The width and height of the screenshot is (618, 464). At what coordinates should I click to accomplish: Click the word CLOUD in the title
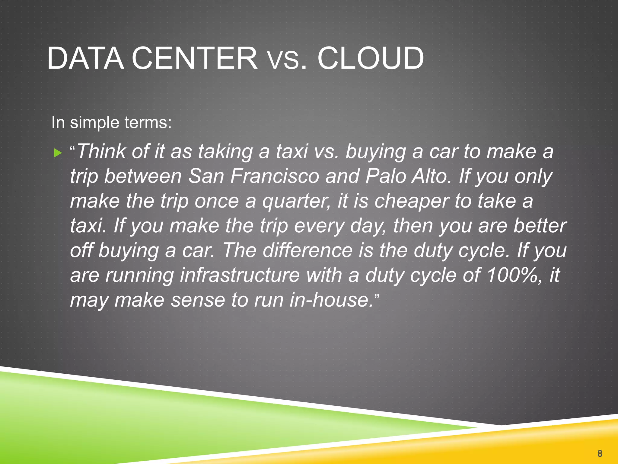pyautogui.click(x=371, y=58)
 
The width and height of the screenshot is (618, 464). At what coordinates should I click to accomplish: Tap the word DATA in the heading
pyautogui.click(x=85, y=58)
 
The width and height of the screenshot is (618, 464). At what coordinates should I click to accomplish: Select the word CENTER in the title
pyautogui.click(x=195, y=58)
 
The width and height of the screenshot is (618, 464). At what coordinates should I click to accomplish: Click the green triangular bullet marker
pyautogui.click(x=58, y=153)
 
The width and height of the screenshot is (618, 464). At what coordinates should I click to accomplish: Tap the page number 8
pyautogui.click(x=600, y=453)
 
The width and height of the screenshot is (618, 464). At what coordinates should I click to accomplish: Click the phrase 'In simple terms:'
pyautogui.click(x=111, y=123)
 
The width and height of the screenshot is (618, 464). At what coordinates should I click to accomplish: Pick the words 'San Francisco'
pyautogui.click(x=253, y=176)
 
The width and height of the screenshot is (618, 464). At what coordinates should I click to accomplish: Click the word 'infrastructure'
pyautogui.click(x=240, y=275)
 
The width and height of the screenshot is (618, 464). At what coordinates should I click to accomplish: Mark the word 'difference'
pyautogui.click(x=307, y=250)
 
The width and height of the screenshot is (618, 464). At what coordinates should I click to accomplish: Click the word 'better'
pyautogui.click(x=540, y=226)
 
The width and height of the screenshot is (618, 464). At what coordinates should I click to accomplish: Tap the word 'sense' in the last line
pyautogui.click(x=198, y=300)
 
